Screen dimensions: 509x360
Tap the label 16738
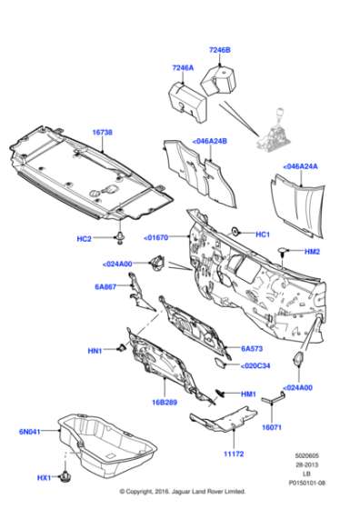(x=102, y=132)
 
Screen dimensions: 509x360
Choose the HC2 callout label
(x=85, y=239)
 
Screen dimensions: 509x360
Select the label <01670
(x=157, y=238)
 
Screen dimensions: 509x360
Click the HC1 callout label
(x=263, y=235)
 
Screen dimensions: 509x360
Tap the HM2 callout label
(x=312, y=251)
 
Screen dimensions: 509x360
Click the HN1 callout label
(x=95, y=350)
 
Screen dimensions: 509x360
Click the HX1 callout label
(x=45, y=477)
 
